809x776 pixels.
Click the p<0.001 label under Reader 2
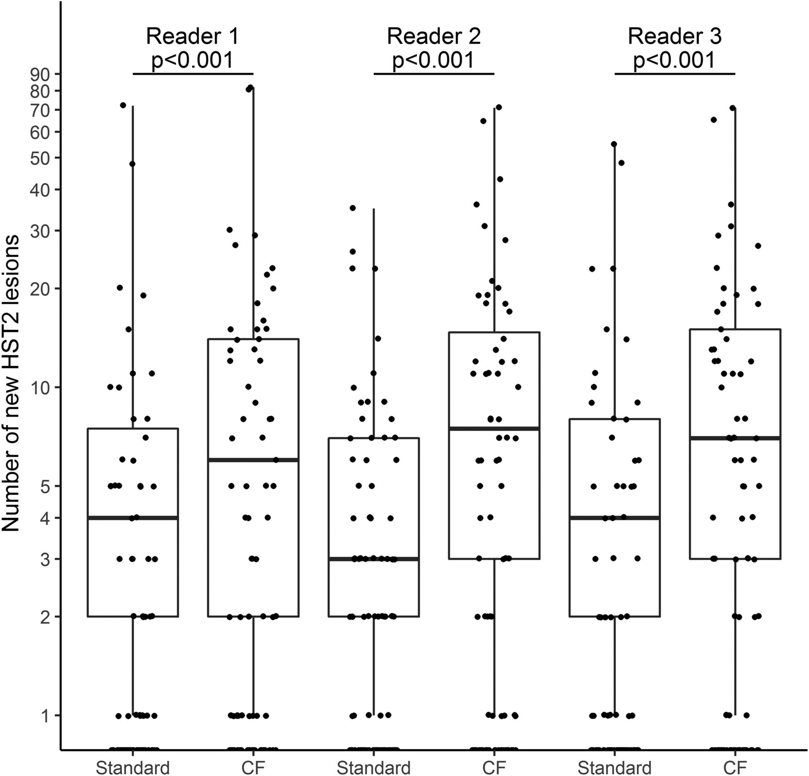tap(434, 60)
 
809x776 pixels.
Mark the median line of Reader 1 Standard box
tap(133, 518)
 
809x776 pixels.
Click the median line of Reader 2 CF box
tap(494, 429)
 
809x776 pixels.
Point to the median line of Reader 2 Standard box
tap(374, 559)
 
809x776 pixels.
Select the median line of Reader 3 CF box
tap(735, 438)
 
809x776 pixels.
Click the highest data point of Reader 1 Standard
tap(123, 105)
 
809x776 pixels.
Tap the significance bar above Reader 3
tap(675, 74)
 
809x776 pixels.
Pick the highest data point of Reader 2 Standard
tap(353, 208)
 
